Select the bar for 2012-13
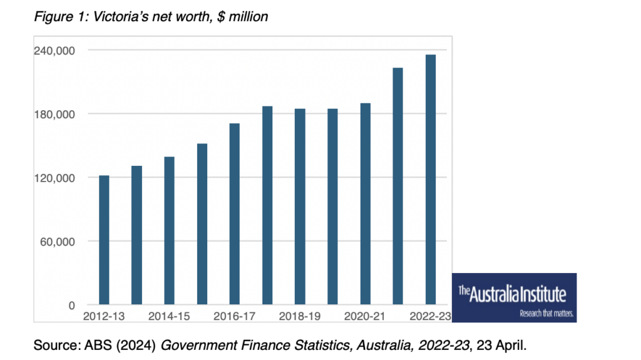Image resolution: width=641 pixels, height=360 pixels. coord(104,240)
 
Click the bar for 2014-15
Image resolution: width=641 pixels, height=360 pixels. coord(169,231)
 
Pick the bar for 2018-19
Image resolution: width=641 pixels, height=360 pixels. coord(300,207)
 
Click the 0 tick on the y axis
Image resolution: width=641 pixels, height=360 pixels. coord(72,306)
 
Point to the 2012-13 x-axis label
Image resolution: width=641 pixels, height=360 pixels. coord(104,317)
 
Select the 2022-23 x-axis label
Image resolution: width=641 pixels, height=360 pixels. coord(429,317)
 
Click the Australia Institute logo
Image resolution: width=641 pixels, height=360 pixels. coord(513,298)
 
